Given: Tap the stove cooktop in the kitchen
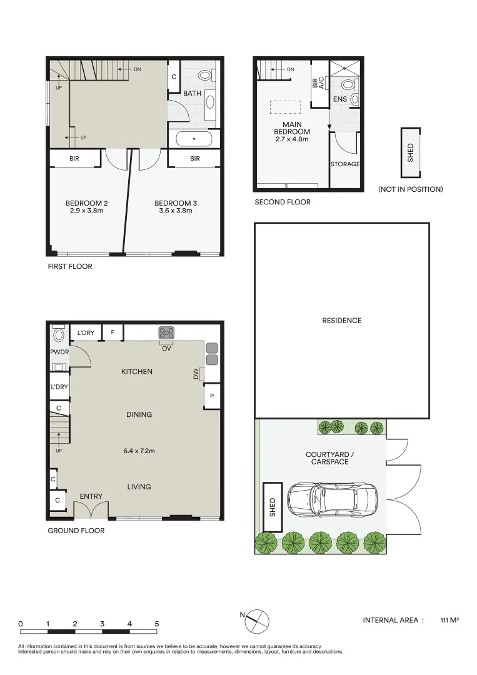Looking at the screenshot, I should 166,332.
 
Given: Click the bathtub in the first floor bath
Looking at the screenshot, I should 194,139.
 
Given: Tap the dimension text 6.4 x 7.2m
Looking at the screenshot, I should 139,451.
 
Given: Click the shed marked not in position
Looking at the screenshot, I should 411,153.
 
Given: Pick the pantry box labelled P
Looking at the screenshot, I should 212,396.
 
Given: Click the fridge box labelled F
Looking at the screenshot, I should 113,332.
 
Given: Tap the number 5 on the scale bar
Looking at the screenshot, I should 157,624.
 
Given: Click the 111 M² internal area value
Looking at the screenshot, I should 449,620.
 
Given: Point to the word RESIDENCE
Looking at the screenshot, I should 342,321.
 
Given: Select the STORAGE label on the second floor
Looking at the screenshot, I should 345,164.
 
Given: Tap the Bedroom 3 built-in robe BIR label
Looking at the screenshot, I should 194,159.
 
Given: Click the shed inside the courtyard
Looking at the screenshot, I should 272,499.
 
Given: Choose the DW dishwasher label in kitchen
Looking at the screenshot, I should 195,373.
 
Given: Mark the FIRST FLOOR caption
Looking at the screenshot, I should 70,266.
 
